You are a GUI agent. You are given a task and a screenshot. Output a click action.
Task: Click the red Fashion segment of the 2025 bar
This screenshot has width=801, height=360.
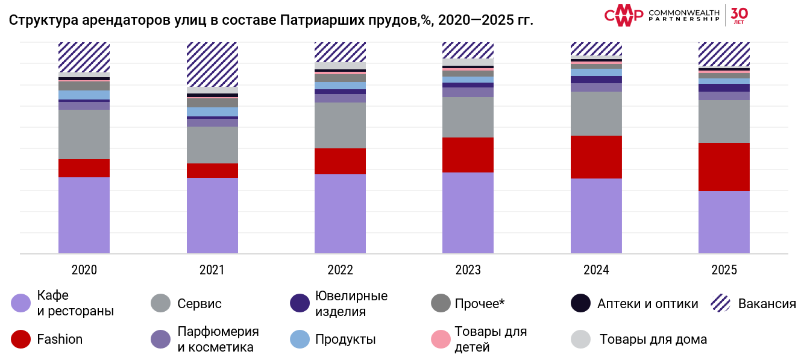(724, 167)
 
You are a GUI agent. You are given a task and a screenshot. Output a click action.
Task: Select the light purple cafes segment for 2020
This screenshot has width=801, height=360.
(84, 215)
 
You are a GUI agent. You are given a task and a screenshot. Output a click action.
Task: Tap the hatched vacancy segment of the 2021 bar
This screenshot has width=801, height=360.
(212, 65)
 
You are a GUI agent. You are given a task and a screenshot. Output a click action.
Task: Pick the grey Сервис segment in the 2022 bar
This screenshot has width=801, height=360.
(340, 125)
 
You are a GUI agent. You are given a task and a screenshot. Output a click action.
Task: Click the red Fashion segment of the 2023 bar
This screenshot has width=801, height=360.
(468, 155)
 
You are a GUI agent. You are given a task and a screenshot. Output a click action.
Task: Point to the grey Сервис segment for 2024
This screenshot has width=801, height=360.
(596, 113)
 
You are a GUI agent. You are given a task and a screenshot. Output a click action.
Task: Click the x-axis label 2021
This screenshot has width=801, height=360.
(212, 270)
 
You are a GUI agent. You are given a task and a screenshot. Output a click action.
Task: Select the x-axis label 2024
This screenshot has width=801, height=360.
(596, 270)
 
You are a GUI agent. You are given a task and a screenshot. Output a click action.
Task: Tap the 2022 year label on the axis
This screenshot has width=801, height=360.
(340, 270)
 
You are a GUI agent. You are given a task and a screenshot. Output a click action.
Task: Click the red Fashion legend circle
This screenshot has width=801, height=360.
(20, 339)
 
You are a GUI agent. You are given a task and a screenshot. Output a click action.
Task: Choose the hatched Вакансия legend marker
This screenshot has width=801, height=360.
(721, 303)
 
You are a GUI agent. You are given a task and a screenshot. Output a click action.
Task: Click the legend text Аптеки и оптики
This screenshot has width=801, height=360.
(647, 303)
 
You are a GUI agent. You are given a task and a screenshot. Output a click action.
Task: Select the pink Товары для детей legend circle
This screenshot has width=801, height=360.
(441, 339)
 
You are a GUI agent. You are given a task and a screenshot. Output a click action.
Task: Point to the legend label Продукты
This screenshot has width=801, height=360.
(345, 339)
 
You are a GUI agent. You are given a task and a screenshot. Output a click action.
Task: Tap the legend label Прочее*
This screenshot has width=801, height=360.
(479, 303)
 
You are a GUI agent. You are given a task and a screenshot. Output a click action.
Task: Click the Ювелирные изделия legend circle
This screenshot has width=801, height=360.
(300, 303)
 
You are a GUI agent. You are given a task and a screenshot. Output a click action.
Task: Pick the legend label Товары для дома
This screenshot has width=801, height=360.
(653, 339)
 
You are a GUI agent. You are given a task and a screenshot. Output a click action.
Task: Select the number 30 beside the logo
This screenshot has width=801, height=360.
(739, 13)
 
